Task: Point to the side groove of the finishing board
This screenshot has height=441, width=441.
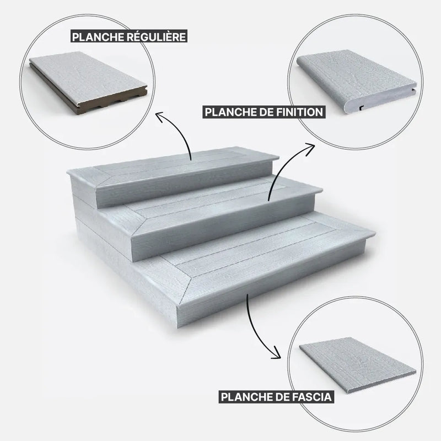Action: point(414,90)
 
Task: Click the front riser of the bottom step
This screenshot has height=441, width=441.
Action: point(271,281)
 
